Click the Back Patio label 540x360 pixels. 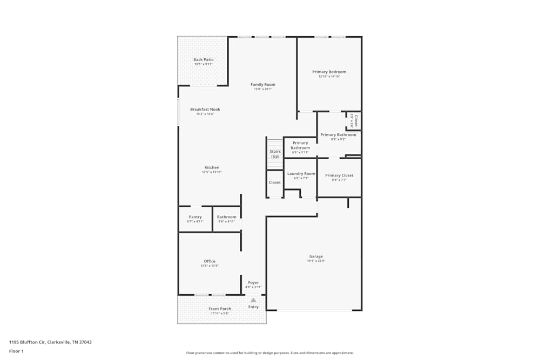point(204,59)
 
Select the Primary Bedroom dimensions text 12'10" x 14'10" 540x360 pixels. point(329,77)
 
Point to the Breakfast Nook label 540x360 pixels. point(205,109)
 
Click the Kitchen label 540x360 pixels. point(212,167)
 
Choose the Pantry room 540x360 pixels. point(195,219)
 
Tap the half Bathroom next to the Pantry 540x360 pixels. point(226,219)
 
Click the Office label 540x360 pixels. point(210,261)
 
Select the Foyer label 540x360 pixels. point(253,282)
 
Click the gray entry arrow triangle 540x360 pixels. point(253,300)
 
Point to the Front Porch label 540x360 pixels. point(220,309)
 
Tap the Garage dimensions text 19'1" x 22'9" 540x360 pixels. point(316,261)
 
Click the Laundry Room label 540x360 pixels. point(301,173)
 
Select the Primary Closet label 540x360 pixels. point(339,175)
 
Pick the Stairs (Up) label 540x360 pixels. point(275,154)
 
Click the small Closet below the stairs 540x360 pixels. point(275,182)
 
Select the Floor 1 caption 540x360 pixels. point(16,351)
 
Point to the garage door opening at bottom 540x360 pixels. point(314,310)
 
